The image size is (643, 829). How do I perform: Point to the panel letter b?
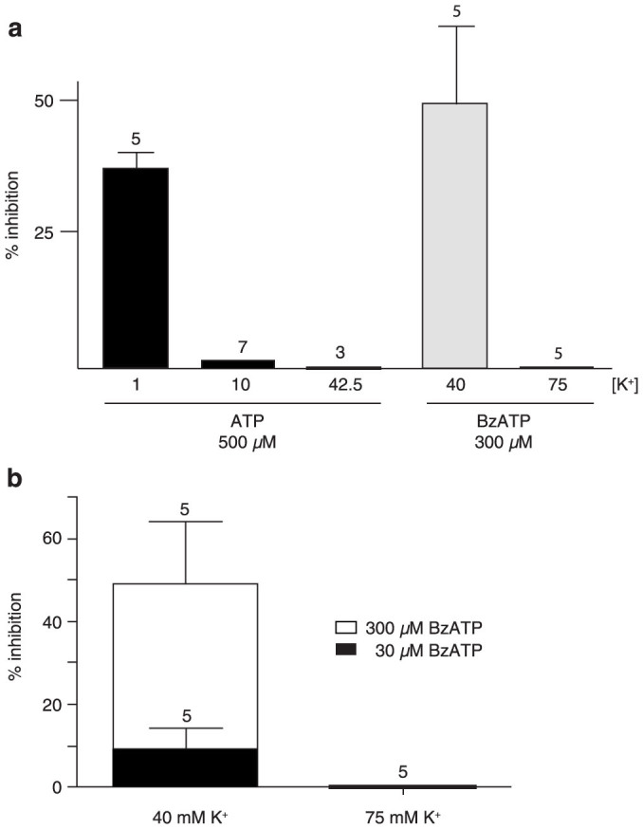[x=15, y=478]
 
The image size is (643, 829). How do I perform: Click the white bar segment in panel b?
[x=185, y=664]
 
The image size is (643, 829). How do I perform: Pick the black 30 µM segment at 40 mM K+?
[x=185, y=767]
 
